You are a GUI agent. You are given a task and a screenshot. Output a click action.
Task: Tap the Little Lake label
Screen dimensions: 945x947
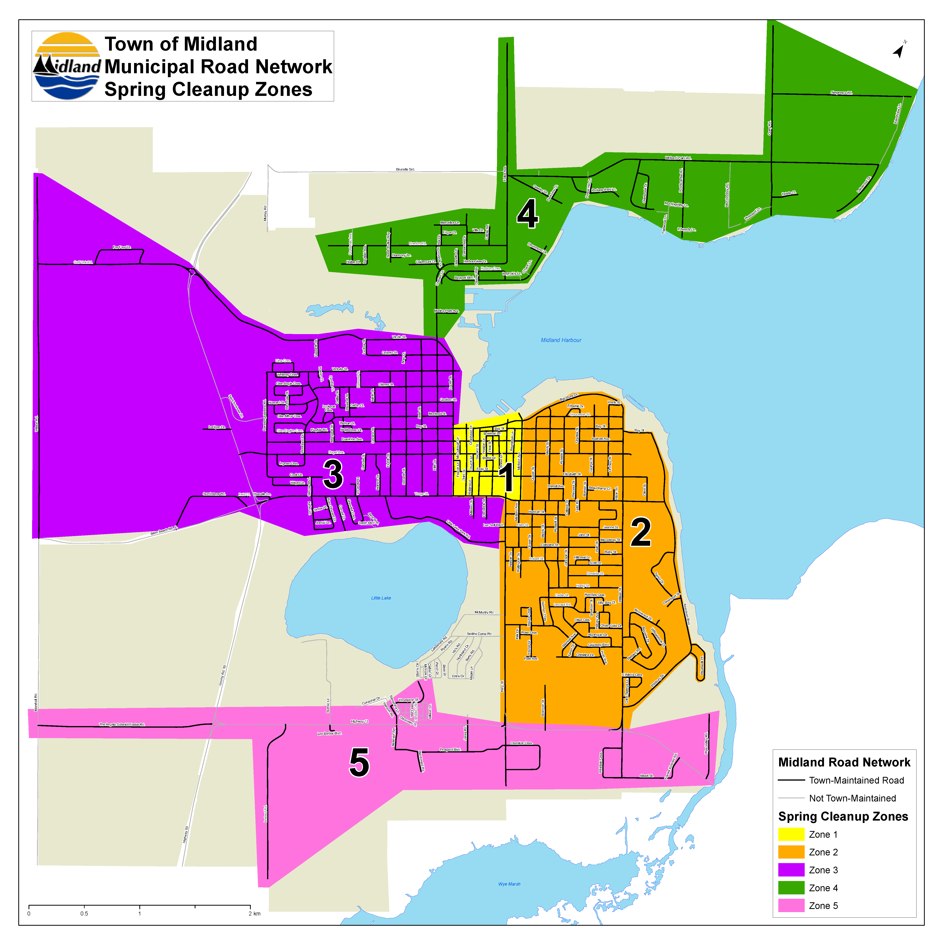(381, 598)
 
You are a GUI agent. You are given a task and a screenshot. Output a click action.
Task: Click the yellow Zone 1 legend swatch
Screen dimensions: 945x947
(791, 834)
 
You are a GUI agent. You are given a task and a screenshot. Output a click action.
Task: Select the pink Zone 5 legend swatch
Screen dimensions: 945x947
(791, 906)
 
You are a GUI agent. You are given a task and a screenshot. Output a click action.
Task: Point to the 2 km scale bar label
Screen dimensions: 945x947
(254, 914)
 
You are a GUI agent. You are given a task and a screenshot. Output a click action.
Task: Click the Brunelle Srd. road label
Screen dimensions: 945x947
(405, 170)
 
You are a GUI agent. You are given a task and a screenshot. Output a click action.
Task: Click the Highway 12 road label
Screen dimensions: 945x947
(359, 722)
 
